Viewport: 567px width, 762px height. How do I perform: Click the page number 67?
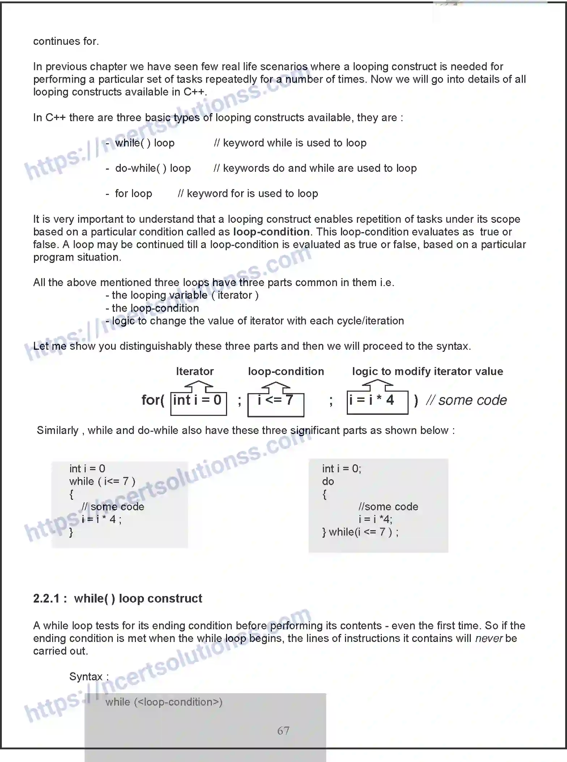click(283, 731)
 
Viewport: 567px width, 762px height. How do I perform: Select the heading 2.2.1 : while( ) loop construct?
click(118, 599)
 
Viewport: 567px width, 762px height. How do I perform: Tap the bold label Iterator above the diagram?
click(195, 371)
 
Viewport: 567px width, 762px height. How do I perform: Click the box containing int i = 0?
click(199, 403)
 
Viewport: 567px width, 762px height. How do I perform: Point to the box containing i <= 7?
click(276, 404)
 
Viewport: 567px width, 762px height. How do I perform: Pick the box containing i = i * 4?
click(377, 402)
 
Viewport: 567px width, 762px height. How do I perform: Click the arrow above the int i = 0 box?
click(199, 387)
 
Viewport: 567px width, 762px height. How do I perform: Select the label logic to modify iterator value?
click(427, 371)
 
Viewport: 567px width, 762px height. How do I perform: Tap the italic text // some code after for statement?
click(466, 400)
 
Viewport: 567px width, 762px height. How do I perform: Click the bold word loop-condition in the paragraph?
click(271, 232)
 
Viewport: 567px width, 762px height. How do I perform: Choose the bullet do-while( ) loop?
click(153, 168)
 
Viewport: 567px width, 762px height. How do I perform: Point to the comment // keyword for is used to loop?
click(248, 193)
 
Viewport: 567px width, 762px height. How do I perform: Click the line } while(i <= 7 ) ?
click(360, 532)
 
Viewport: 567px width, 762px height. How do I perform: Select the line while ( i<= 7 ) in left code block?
click(102, 481)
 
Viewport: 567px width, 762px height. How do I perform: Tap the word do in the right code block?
click(328, 481)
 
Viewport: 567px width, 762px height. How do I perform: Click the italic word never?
click(489, 638)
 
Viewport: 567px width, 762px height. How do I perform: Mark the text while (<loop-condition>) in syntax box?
click(164, 702)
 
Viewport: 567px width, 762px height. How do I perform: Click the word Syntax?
click(86, 677)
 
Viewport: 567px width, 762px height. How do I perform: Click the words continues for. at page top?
click(66, 41)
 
